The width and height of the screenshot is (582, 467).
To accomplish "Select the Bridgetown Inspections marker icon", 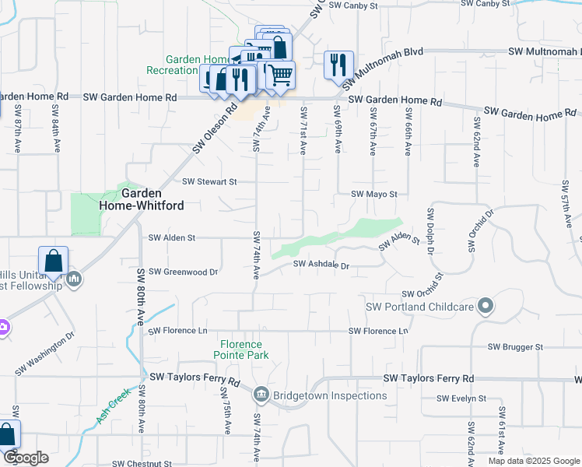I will (261, 395).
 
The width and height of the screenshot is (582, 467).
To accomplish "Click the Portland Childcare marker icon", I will (486, 306).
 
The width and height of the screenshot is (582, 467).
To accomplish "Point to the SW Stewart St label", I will (209, 182).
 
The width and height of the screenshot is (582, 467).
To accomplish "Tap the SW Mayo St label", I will (373, 194).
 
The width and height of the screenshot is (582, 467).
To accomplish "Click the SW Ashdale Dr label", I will (322, 265).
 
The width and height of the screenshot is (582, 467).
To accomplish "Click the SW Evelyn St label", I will (461, 399).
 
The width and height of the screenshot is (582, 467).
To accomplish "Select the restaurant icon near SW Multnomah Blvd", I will (338, 64).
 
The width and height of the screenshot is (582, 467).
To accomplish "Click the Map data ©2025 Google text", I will (533, 461).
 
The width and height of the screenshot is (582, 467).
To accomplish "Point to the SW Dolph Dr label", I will (429, 231).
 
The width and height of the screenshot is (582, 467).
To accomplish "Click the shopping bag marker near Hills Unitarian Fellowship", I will (53, 261).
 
